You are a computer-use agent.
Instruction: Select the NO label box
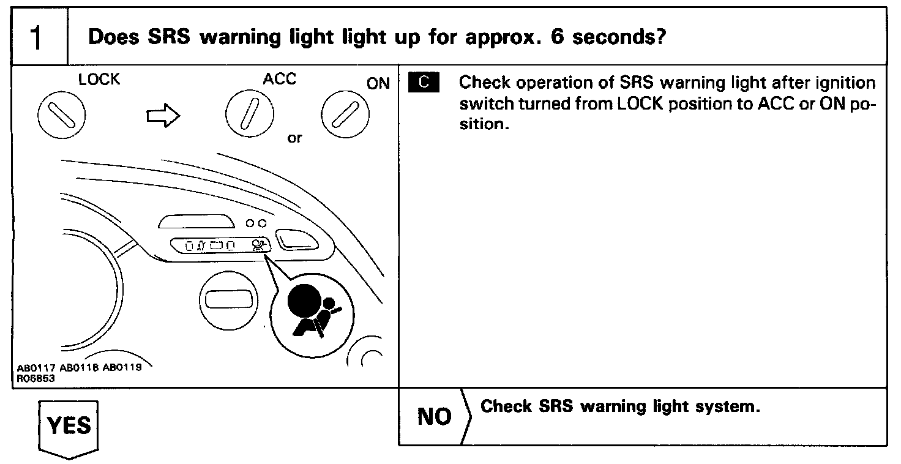click(x=434, y=417)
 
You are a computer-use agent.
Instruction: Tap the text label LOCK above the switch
click(x=99, y=80)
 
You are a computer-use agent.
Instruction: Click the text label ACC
click(x=279, y=80)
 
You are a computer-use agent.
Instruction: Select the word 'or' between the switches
click(x=294, y=138)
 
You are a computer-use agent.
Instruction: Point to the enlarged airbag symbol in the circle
click(x=312, y=310)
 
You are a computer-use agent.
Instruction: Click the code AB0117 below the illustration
click(x=36, y=369)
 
